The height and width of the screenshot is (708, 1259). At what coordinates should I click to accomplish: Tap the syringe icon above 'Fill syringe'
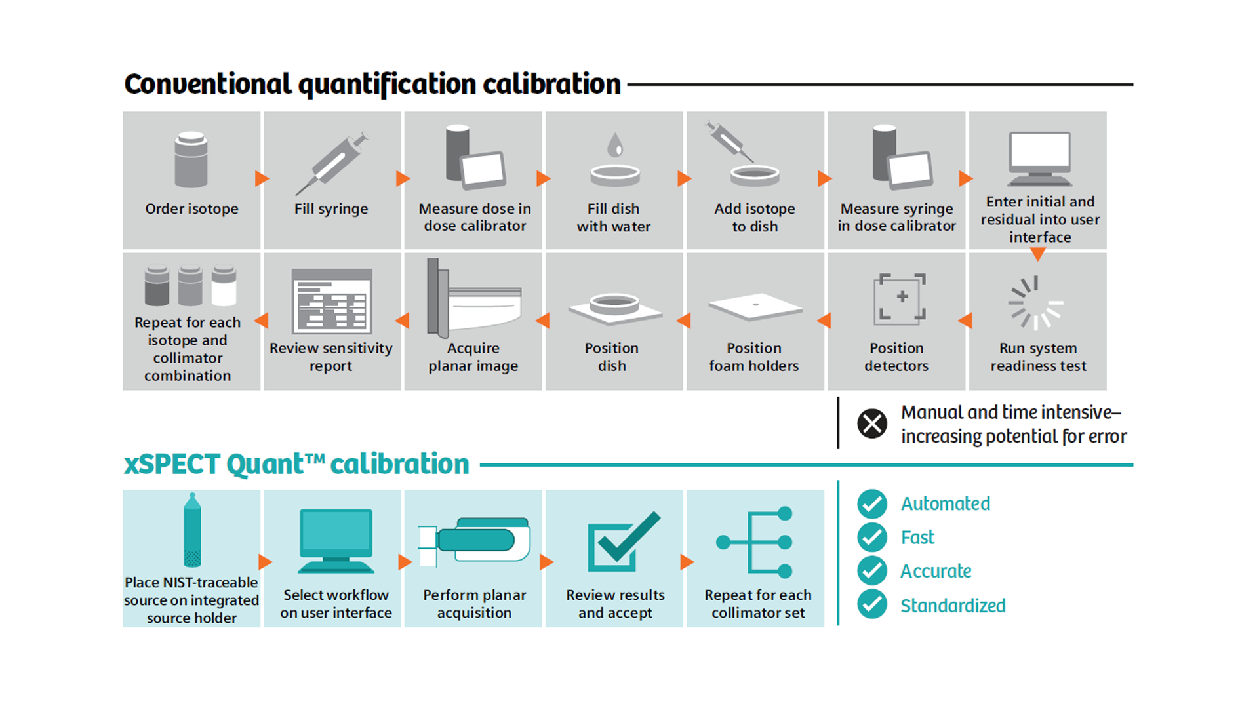click(x=332, y=163)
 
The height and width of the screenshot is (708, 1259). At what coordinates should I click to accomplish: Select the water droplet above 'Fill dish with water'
click(x=614, y=145)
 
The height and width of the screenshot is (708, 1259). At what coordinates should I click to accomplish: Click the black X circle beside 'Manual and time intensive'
click(x=872, y=423)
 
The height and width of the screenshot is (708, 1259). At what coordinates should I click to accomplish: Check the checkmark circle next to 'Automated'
click(x=872, y=504)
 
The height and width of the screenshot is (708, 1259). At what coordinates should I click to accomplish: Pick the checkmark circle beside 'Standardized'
click(x=872, y=604)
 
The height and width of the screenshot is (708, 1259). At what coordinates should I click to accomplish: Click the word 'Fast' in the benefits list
click(x=917, y=538)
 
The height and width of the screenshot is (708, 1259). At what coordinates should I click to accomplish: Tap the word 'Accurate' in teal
click(x=936, y=571)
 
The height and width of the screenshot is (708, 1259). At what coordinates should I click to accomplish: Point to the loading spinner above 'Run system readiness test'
click(x=1035, y=302)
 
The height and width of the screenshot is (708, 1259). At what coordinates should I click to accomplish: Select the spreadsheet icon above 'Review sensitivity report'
click(x=332, y=301)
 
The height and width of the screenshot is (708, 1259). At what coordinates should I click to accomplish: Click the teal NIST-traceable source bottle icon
click(x=192, y=530)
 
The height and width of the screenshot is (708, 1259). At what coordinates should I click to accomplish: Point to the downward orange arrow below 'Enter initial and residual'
click(x=1037, y=254)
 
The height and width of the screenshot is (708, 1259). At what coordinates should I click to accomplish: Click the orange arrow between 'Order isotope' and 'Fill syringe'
click(x=262, y=178)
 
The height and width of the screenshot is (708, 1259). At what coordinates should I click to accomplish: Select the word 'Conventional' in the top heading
click(x=208, y=84)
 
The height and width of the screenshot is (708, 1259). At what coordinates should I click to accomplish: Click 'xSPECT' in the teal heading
click(x=172, y=464)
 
